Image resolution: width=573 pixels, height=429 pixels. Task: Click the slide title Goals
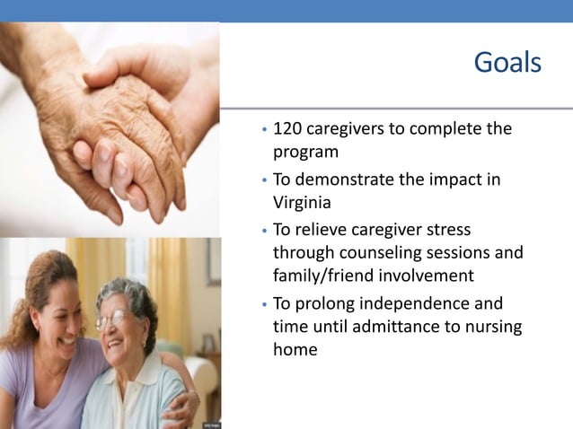(507, 63)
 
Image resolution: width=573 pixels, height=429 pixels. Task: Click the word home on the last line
(295, 349)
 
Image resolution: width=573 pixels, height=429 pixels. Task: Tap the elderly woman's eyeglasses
(114, 320)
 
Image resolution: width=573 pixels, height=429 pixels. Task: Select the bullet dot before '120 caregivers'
(260, 130)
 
